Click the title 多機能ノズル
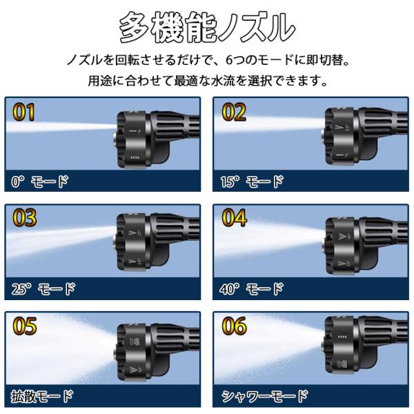click(207, 28)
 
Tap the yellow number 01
click(23, 112)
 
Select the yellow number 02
click(234, 112)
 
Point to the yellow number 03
click(25, 217)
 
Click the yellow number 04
click(234, 217)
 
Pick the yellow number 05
click(25, 326)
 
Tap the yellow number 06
click(234, 326)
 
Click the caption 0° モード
click(39, 181)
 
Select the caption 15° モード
click(252, 181)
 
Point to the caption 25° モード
click(43, 289)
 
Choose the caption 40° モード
click(252, 289)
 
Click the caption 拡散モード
click(41, 397)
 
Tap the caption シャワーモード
click(265, 396)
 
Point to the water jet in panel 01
click(61, 127)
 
